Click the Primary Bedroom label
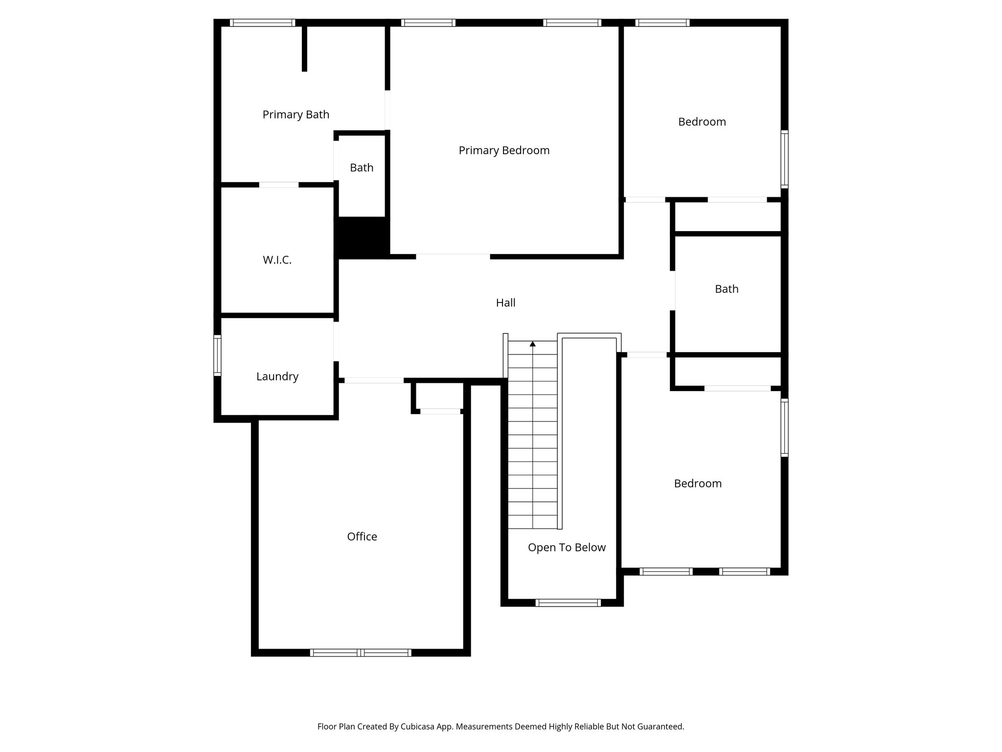point(504,150)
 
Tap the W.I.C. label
point(277,260)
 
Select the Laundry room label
point(277,376)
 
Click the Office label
point(362,537)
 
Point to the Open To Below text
point(567,547)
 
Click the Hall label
point(505,303)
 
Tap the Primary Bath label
point(296,115)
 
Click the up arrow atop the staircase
point(533,344)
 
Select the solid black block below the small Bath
point(362,237)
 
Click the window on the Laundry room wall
point(217,355)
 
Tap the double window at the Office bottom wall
point(361,653)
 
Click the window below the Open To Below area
point(568,603)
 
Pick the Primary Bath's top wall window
point(262,23)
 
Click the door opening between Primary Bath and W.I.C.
point(278,185)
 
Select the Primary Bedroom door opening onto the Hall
point(453,256)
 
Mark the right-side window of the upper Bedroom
point(784,159)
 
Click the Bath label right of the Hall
point(727,289)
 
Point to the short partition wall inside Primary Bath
point(304,48)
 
